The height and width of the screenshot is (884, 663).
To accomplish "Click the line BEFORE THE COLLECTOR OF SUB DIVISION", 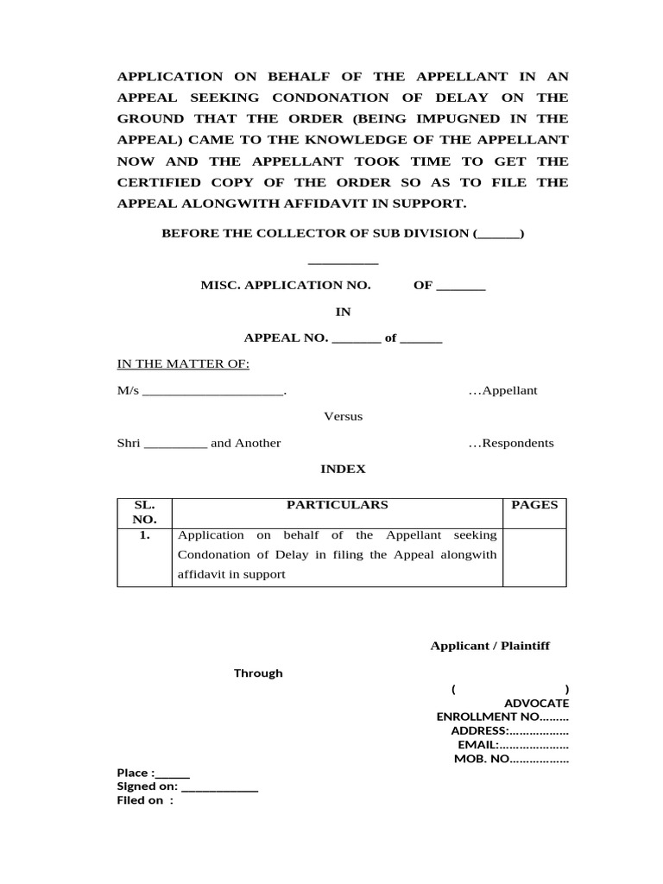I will (x=343, y=234).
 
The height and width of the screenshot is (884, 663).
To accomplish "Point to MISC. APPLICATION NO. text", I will (x=286, y=286).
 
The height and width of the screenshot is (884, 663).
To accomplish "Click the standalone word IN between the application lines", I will (x=343, y=312).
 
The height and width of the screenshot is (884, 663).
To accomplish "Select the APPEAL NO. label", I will (x=286, y=338).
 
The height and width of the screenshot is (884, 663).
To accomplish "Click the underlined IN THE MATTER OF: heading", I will (x=183, y=364).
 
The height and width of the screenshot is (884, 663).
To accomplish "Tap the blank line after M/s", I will (x=212, y=392).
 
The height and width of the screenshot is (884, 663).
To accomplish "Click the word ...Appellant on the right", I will (x=502, y=391).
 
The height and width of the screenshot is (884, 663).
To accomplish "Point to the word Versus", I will (x=343, y=417).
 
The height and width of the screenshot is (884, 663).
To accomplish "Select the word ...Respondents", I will (x=511, y=444).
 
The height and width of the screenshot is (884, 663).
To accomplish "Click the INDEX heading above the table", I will (x=343, y=470).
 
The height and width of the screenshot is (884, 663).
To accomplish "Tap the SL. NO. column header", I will (x=144, y=512).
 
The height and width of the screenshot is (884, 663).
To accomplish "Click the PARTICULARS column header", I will (x=337, y=506).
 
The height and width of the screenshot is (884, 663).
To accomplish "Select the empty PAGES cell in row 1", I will (x=534, y=557).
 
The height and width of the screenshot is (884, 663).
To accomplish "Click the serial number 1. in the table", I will (x=144, y=535).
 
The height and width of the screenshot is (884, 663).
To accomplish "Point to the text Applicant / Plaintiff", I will (x=489, y=647).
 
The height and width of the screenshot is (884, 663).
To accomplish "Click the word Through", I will (x=258, y=673).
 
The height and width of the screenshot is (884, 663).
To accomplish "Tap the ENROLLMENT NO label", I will (x=488, y=717).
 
